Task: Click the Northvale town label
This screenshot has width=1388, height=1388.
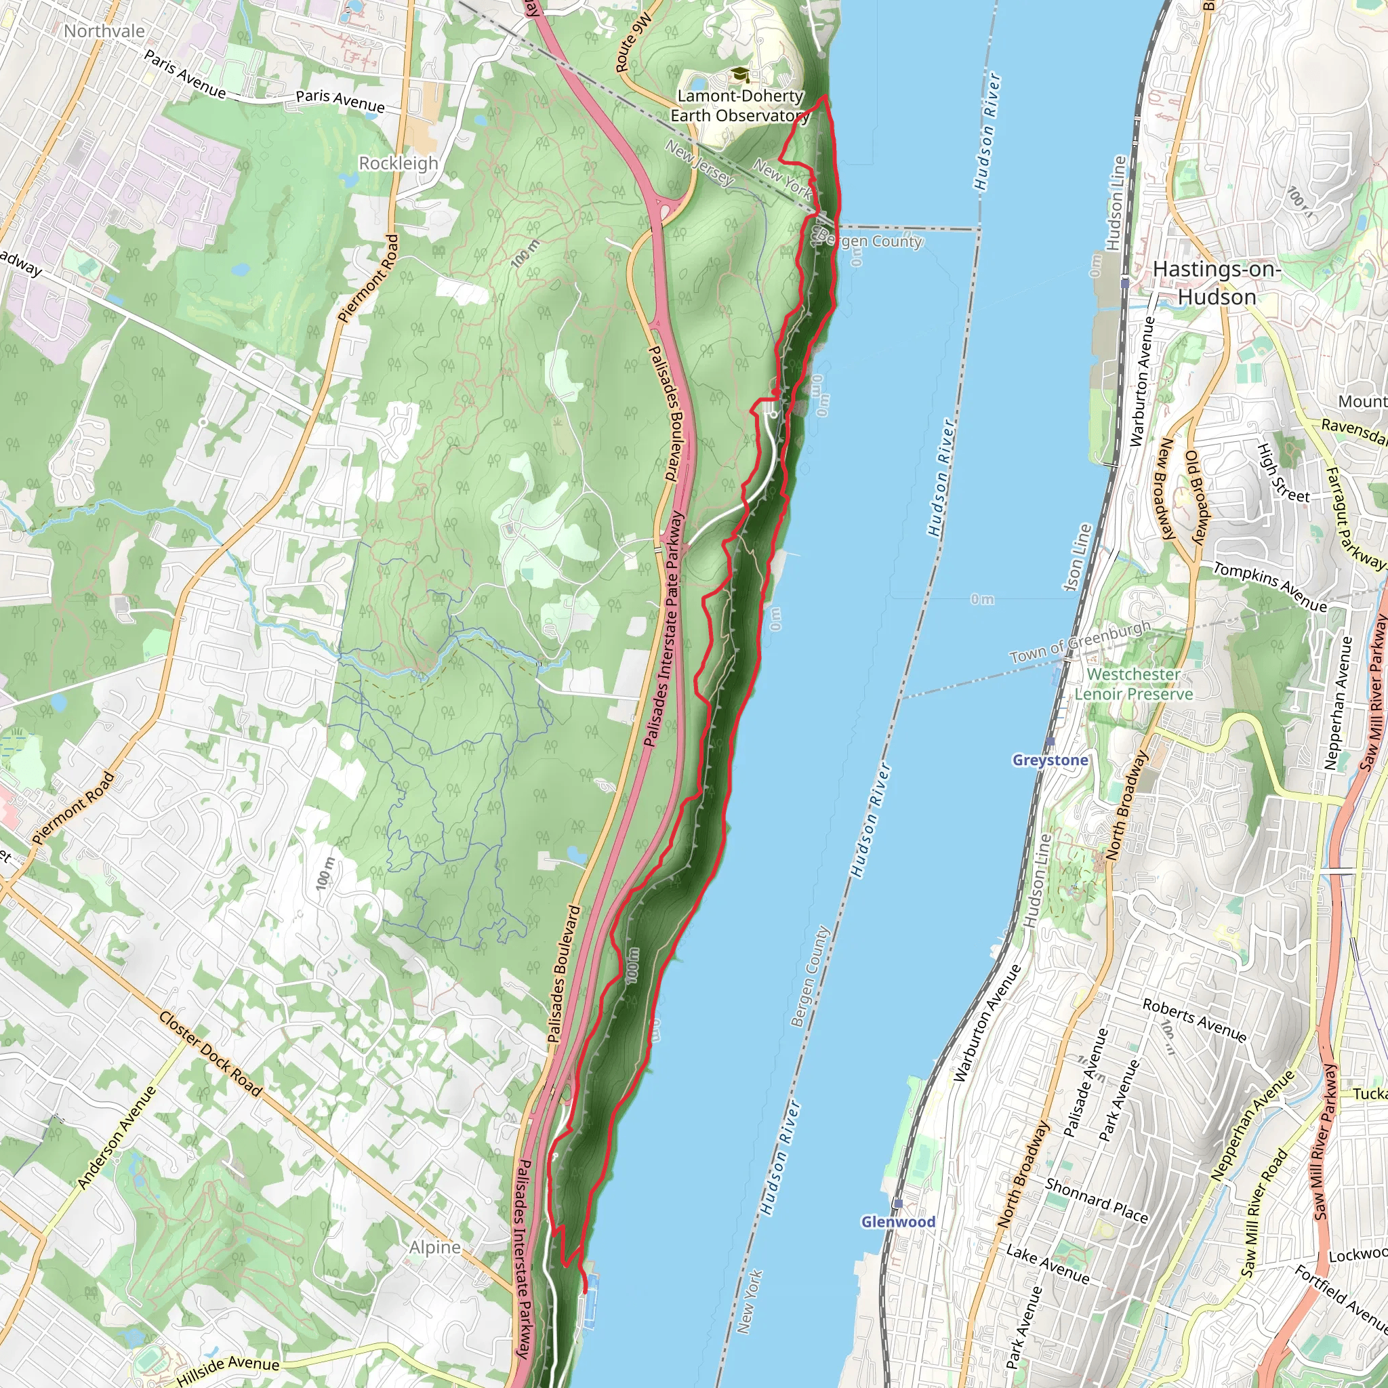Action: [x=104, y=31]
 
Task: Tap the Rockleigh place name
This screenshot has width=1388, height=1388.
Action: [x=398, y=163]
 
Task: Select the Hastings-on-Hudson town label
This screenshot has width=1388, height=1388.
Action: [x=1217, y=283]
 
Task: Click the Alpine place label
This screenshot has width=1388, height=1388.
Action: [x=434, y=1247]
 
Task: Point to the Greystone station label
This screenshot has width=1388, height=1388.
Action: [x=1050, y=760]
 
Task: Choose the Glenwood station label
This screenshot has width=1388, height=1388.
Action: [x=898, y=1221]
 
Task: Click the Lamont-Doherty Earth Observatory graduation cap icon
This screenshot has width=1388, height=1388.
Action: [x=739, y=75]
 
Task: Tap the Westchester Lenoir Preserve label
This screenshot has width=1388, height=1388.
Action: [x=1133, y=683]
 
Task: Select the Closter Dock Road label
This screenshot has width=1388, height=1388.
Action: [x=211, y=1054]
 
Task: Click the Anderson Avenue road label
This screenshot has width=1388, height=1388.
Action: [x=117, y=1137]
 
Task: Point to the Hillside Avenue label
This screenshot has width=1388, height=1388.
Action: [x=228, y=1369]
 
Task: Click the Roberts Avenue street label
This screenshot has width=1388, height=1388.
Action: [x=1194, y=1019]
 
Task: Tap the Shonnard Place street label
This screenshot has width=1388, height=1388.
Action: [x=1097, y=1200]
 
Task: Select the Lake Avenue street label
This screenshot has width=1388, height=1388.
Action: [x=1048, y=1264]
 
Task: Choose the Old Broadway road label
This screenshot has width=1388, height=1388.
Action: [x=1198, y=497]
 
